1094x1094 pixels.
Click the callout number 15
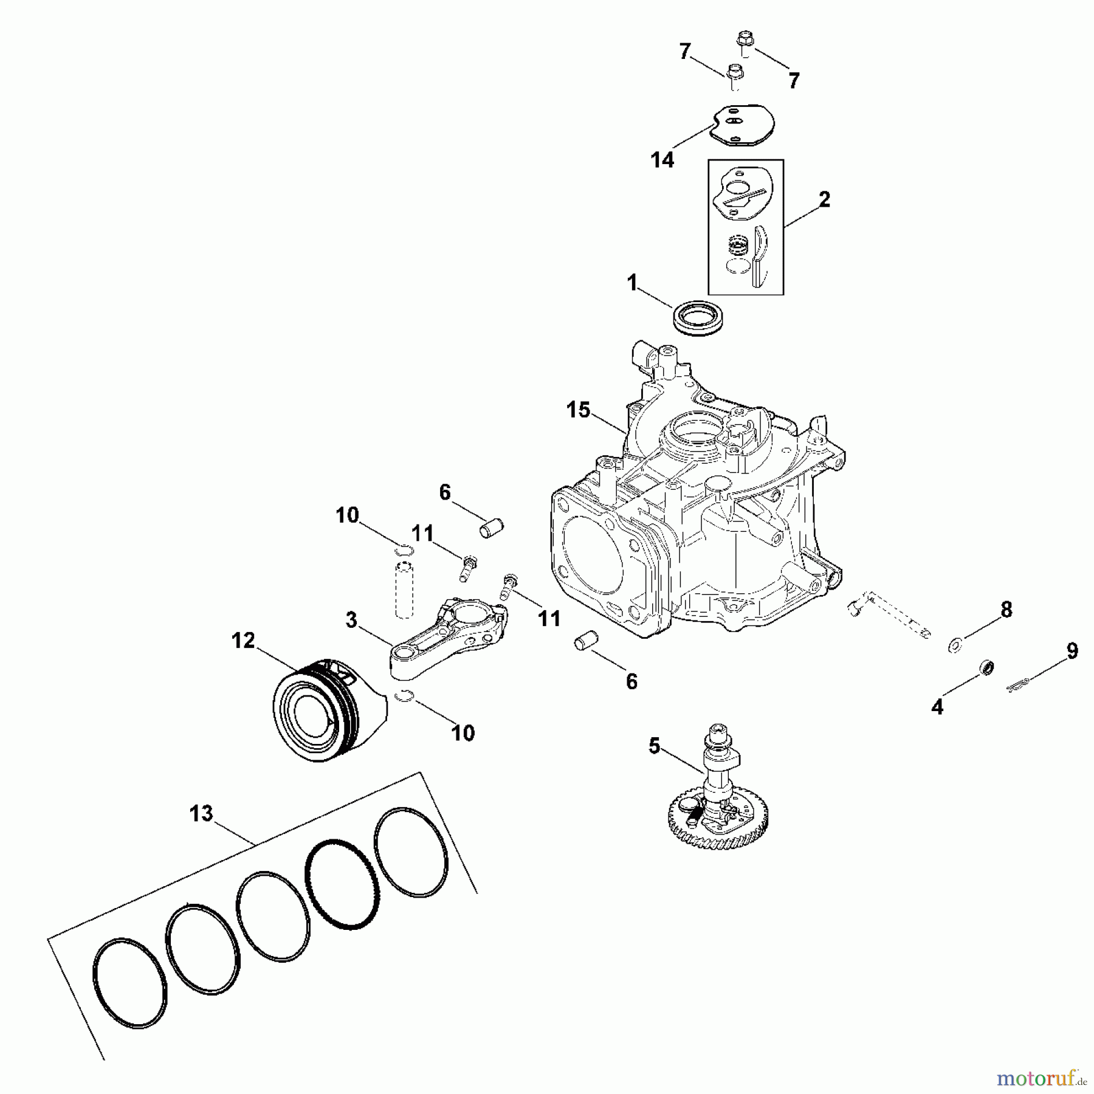click(578, 410)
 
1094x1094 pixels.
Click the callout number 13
click(201, 813)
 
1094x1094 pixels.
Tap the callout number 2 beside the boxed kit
click(824, 199)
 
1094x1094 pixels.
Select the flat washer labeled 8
click(955, 643)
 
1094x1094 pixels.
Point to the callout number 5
click(654, 746)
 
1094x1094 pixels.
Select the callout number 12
click(243, 641)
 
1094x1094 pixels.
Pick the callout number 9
click(1072, 651)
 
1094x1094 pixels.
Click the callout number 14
click(662, 160)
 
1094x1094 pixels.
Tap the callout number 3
click(351, 621)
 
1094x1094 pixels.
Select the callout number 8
click(1006, 610)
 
